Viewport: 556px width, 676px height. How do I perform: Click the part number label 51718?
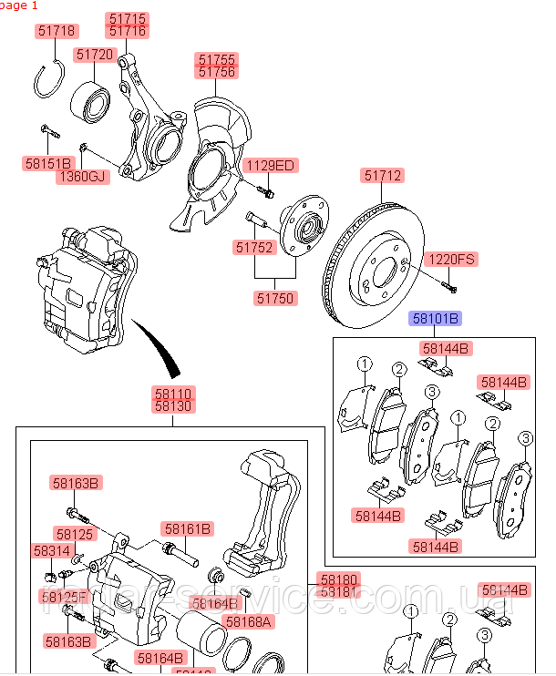coord(57,31)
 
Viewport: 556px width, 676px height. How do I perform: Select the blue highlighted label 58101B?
coord(435,318)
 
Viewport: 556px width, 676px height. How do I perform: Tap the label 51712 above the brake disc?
coord(383,176)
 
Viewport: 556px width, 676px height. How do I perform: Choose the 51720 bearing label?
coord(95,55)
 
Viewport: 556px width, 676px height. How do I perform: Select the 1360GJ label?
coord(83,176)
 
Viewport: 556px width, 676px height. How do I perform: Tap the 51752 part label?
coord(253,247)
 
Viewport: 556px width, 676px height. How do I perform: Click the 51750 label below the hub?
coord(274,298)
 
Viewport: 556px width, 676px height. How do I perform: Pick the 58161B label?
coord(188,528)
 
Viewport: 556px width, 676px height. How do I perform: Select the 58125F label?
coord(64,597)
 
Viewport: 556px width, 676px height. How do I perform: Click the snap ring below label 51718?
coord(49,82)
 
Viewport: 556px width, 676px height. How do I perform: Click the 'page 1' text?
coord(19,5)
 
